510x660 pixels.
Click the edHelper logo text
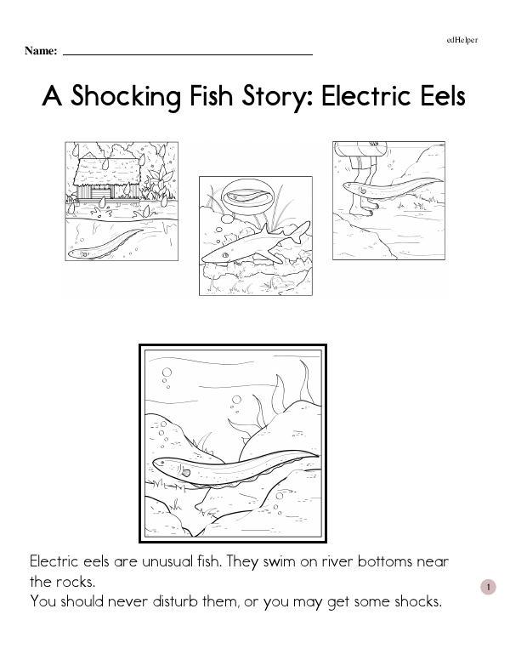462,40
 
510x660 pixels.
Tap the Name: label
41,51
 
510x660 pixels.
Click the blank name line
188,54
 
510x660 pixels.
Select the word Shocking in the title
126,97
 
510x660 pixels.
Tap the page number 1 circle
488,587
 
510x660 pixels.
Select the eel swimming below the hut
105,244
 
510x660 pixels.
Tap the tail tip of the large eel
318,455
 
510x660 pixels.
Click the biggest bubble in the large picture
167,373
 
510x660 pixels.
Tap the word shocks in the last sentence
418,601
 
